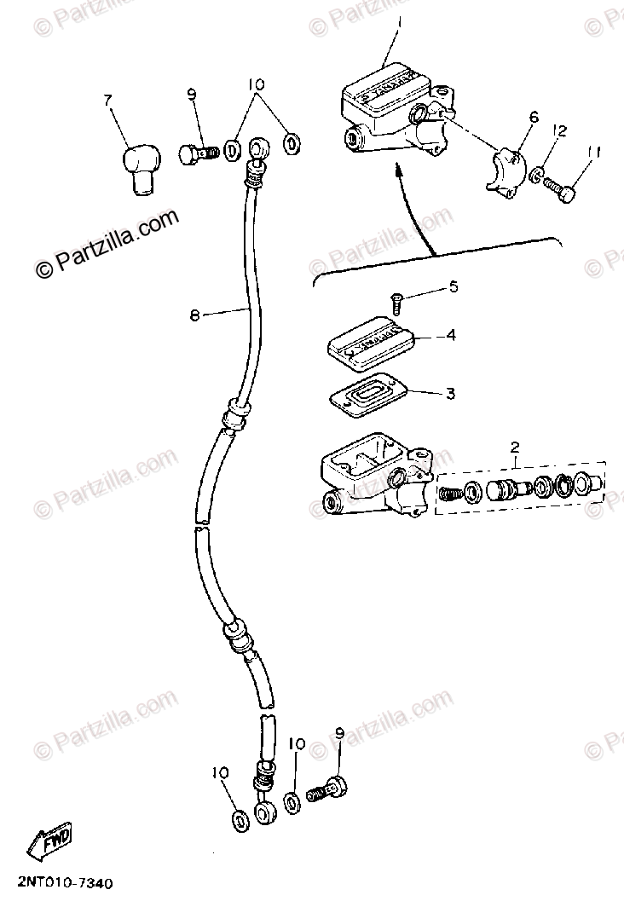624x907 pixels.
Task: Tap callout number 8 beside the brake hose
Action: (194, 315)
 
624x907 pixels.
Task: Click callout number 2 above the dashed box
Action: (514, 448)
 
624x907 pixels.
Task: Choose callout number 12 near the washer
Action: (559, 130)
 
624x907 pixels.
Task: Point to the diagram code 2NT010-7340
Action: (57, 885)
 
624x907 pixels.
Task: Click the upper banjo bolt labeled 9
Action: (197, 153)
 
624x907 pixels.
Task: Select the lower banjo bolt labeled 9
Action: (326, 789)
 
